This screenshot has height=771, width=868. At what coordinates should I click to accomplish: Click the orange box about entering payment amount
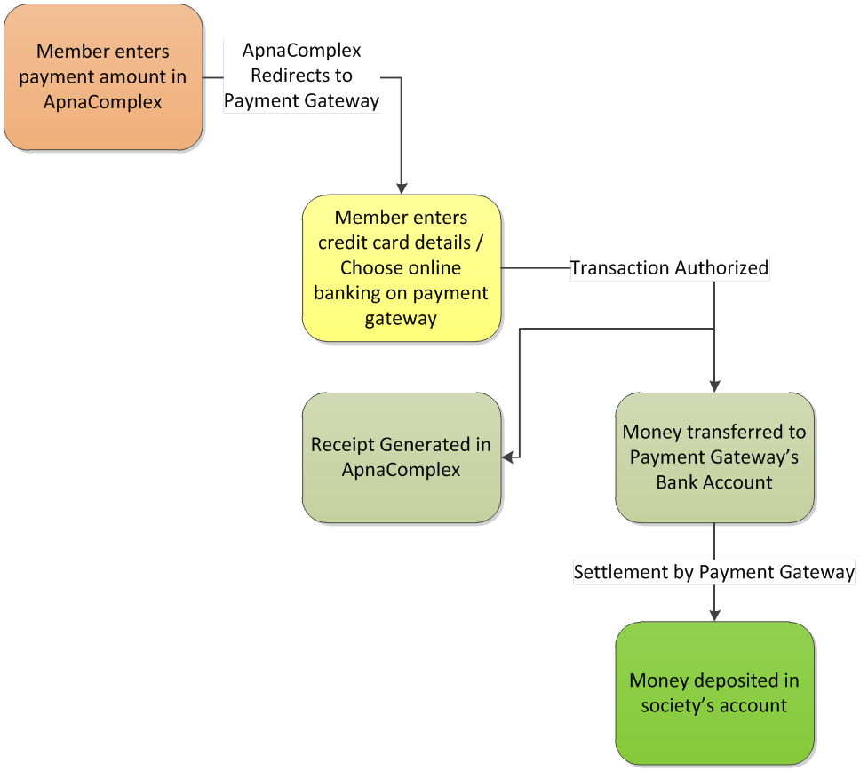click(104, 77)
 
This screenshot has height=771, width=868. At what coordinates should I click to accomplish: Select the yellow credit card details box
click(402, 268)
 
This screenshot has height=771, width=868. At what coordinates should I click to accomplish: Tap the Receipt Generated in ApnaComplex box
click(402, 457)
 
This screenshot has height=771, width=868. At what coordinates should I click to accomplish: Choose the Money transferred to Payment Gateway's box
click(714, 457)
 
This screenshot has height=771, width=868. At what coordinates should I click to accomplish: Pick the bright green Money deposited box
click(714, 693)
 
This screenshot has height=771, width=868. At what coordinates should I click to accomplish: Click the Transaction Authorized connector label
click(670, 268)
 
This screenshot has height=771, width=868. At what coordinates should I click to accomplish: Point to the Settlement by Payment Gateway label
click(714, 572)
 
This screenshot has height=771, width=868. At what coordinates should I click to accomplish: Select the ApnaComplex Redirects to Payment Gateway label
click(302, 76)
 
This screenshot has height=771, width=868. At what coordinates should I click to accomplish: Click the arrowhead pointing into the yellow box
click(402, 188)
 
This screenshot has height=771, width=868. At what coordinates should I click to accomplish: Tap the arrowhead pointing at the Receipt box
click(507, 457)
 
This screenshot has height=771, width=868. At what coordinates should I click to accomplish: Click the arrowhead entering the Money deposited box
click(714, 616)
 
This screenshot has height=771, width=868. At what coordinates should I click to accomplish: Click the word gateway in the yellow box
click(401, 320)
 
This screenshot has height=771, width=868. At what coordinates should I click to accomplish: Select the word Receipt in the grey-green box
click(343, 445)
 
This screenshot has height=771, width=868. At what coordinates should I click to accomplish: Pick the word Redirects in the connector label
click(285, 76)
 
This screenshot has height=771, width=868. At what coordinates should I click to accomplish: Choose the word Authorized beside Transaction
click(721, 268)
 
